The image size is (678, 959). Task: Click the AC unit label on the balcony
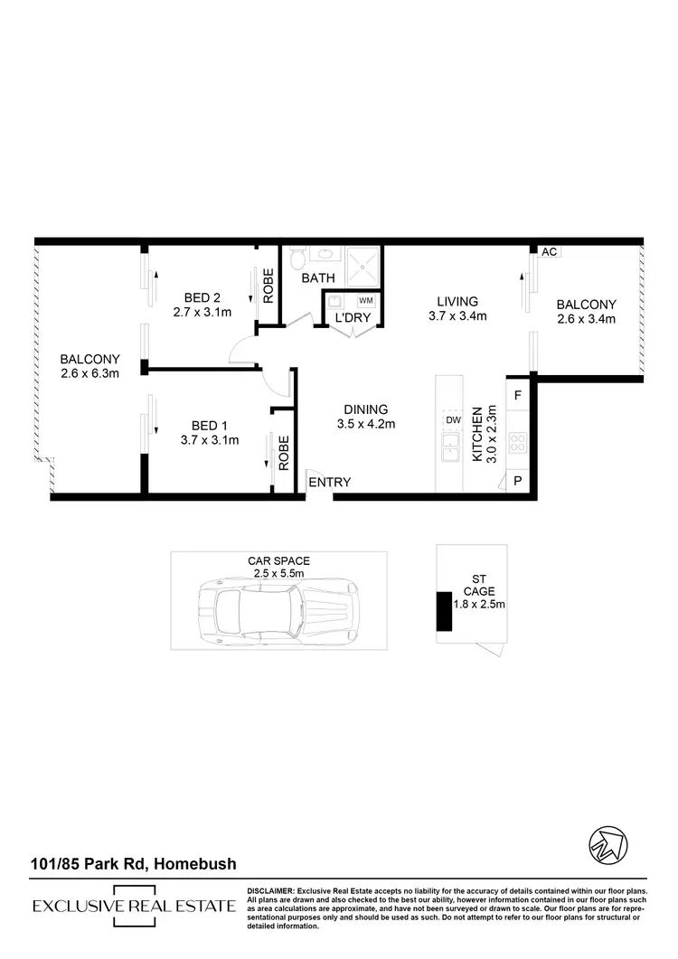click(548, 252)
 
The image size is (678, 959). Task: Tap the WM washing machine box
click(366, 300)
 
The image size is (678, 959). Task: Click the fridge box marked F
click(517, 395)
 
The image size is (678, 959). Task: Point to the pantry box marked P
click(518, 481)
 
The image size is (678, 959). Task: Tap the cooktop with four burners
click(519, 442)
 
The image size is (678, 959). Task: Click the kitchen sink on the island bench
click(449, 445)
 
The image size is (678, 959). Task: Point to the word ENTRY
click(329, 483)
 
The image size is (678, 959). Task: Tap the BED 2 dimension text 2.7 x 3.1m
click(202, 313)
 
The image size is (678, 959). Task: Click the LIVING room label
click(457, 301)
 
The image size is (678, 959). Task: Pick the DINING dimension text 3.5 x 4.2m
click(365, 423)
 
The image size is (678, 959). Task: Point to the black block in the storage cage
click(445, 611)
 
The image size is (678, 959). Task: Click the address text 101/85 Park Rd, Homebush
click(133, 864)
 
